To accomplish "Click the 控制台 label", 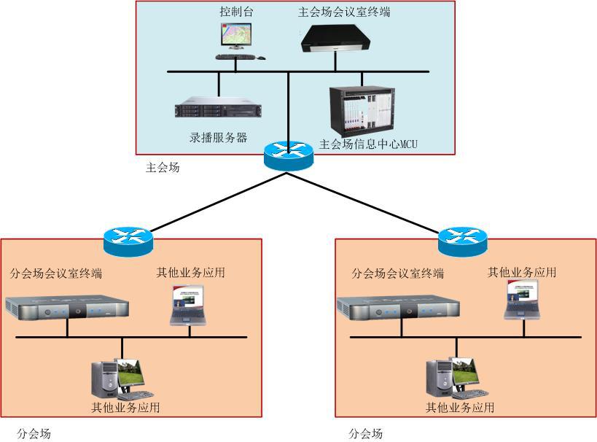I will click(237, 12).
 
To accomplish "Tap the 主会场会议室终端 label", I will click(344, 12).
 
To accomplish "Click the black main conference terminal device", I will click(336, 38).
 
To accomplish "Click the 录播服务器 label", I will click(218, 137).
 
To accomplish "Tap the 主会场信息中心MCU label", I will click(368, 144).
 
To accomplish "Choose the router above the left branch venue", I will click(128, 240).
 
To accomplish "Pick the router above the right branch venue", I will click(462, 240).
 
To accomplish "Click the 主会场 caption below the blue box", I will click(163, 168).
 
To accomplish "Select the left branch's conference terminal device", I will click(67, 309).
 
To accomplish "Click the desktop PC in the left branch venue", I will click(117, 378).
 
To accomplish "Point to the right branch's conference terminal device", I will click(398, 309).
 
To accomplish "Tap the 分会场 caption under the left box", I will click(34, 434).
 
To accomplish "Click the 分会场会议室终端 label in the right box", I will click(397, 274).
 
